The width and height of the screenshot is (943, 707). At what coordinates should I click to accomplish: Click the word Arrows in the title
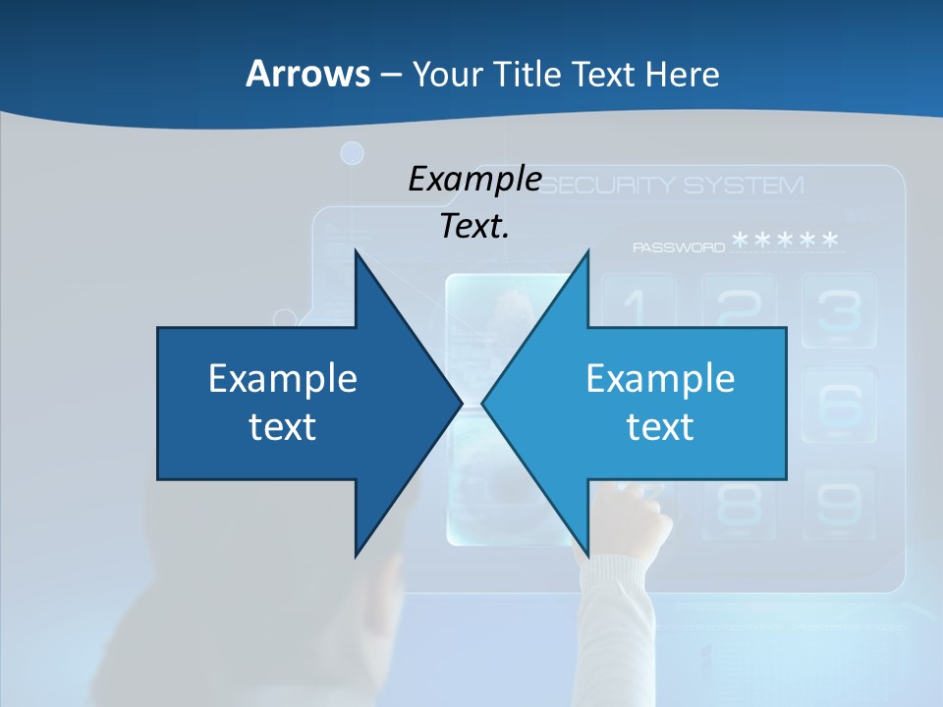[x=306, y=74]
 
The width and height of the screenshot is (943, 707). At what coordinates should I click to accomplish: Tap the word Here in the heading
[x=682, y=74]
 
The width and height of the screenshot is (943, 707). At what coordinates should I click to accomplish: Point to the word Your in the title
[x=447, y=74]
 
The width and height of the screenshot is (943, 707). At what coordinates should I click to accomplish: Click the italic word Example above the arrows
[x=474, y=180]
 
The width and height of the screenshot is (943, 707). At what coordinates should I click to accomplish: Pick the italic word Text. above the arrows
[x=474, y=226]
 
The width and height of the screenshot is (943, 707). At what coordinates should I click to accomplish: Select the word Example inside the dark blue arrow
[x=283, y=378]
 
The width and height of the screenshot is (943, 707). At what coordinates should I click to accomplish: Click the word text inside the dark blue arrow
[x=283, y=427]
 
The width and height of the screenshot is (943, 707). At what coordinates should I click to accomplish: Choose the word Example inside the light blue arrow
[x=660, y=378]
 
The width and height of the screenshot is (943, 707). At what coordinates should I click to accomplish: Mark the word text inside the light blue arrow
[x=660, y=427]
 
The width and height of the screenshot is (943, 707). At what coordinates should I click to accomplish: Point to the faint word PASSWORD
[x=679, y=247]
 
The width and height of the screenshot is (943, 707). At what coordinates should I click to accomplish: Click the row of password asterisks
[x=786, y=242]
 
